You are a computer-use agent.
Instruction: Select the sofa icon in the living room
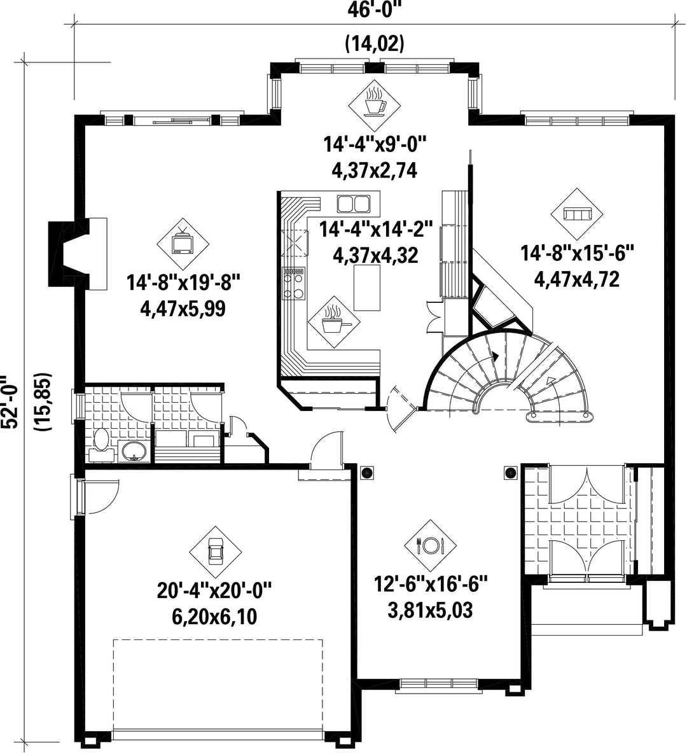(576, 214)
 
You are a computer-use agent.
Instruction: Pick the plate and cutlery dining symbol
(430, 545)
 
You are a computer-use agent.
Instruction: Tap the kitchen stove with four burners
(293, 284)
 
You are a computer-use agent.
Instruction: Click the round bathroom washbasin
(134, 452)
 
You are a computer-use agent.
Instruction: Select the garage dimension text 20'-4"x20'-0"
(214, 590)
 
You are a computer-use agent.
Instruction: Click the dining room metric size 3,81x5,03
(430, 610)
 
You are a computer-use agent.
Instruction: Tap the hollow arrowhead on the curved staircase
(550, 381)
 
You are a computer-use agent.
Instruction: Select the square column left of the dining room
(367, 473)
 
